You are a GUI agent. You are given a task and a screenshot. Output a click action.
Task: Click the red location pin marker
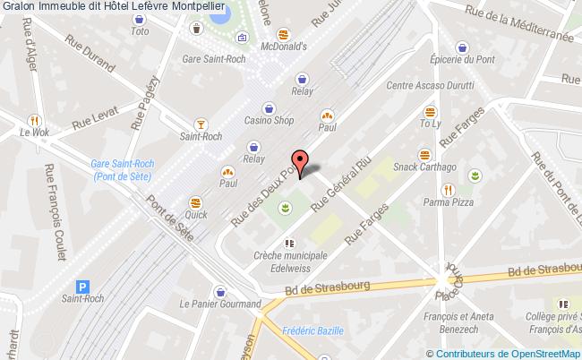[302, 160]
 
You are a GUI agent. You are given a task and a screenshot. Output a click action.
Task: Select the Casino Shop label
[270, 121]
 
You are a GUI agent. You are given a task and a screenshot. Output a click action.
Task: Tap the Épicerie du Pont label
[461, 60]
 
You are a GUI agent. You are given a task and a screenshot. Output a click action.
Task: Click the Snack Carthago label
[424, 167]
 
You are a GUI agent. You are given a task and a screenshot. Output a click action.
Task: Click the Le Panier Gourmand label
[219, 304]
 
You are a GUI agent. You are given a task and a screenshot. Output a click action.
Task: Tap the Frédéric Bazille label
[312, 330]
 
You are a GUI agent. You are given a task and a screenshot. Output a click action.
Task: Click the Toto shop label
[140, 31]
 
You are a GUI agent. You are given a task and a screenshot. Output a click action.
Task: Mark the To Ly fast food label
[431, 124]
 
